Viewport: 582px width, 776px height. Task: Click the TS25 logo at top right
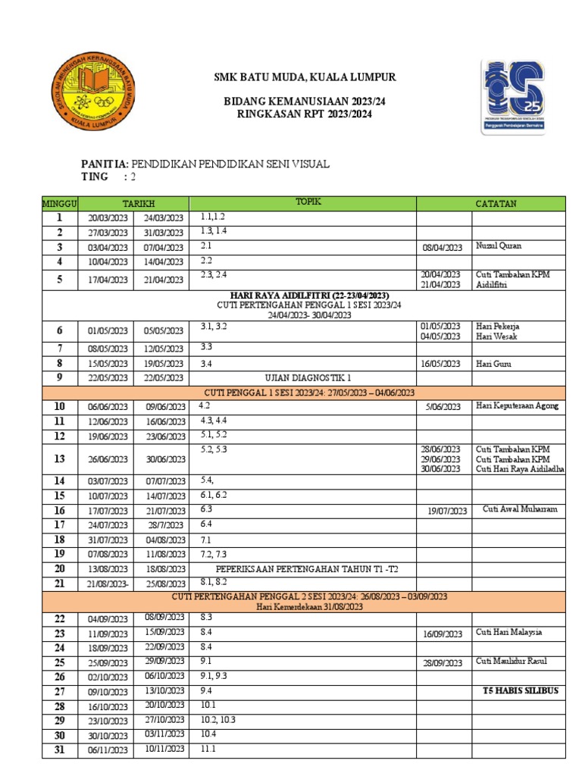(x=523, y=96)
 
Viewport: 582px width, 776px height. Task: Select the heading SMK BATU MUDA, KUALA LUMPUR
(x=304, y=77)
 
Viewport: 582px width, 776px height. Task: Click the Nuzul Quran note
(x=499, y=246)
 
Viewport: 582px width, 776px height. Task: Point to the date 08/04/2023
(x=443, y=248)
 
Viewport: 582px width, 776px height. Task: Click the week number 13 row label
(x=59, y=459)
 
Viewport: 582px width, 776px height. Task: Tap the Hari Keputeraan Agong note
(x=517, y=406)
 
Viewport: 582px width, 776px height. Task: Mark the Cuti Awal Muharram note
(x=520, y=509)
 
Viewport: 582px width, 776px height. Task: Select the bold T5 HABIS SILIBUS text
(x=520, y=691)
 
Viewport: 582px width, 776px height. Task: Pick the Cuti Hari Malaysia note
(x=508, y=633)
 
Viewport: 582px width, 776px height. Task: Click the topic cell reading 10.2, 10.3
(x=218, y=720)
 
